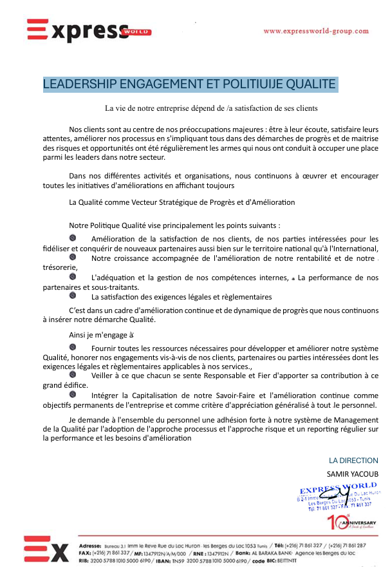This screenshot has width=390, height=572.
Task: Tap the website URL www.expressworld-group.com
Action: coord(316,31)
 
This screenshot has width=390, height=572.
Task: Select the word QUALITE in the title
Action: coord(306,84)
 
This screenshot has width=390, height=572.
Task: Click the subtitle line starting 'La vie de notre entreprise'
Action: coord(212,108)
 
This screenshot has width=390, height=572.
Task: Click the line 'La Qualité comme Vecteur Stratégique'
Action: coord(181,202)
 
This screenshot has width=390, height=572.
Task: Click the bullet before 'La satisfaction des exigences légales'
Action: coord(73,296)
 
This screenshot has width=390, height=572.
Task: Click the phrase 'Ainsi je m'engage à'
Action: coord(101,335)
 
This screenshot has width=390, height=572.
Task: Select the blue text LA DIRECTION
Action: coord(353,461)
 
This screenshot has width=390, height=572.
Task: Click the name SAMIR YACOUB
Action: coord(353,473)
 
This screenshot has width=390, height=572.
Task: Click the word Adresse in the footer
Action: coord(90,537)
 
